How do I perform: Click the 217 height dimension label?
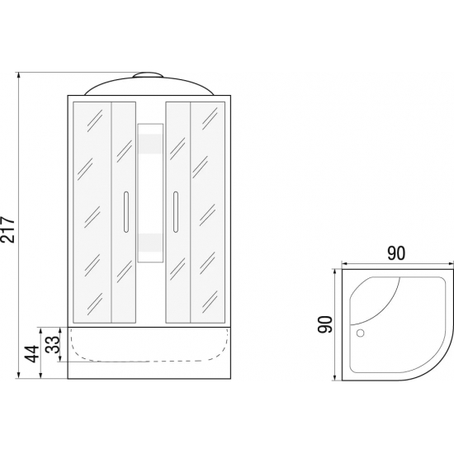[7, 229]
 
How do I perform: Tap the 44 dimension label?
[32, 353]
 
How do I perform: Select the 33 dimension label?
[53, 344]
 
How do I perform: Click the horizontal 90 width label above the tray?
[396, 253]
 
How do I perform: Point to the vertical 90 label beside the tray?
[325, 324]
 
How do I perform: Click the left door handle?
[126, 211]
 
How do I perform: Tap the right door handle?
[176, 211]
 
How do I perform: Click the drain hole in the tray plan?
[360, 333]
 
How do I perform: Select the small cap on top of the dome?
[149, 74]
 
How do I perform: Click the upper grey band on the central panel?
[150, 144]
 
